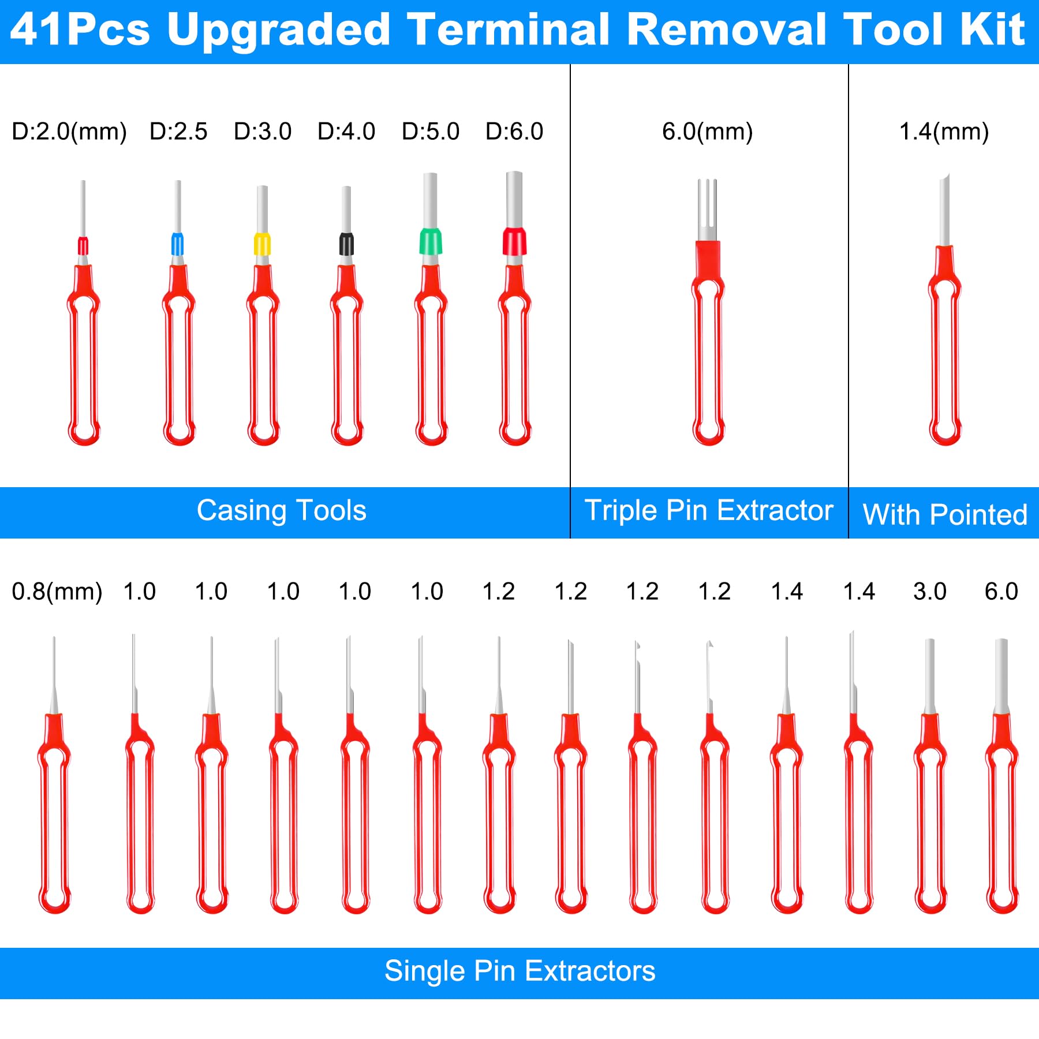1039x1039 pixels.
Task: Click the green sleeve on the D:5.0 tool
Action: pyautogui.click(x=431, y=242)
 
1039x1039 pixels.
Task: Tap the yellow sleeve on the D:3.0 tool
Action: pyautogui.click(x=262, y=244)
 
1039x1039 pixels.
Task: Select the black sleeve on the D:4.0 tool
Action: pyautogui.click(x=346, y=244)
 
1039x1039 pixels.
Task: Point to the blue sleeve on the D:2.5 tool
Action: pyautogui.click(x=178, y=244)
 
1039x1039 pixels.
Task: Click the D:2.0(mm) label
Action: pyautogui.click(x=69, y=132)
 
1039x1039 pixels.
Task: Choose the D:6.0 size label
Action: pyautogui.click(x=514, y=132)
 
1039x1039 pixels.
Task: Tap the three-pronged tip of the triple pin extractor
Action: pyautogui.click(x=707, y=208)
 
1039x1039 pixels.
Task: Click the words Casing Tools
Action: pyautogui.click(x=282, y=511)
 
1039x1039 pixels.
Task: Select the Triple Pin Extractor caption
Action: pyautogui.click(x=709, y=511)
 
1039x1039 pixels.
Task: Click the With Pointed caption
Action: pyautogui.click(x=945, y=514)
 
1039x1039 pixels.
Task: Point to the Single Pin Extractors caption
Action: pyautogui.click(x=519, y=971)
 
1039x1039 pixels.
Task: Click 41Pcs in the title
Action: pyautogui.click(x=80, y=30)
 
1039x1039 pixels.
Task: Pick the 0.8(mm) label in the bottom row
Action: pyautogui.click(x=57, y=592)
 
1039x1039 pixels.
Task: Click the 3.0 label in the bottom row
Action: pyautogui.click(x=929, y=592)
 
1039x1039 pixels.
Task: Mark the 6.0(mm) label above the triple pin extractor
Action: pyautogui.click(x=707, y=132)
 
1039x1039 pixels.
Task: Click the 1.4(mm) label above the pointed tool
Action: pyautogui.click(x=944, y=132)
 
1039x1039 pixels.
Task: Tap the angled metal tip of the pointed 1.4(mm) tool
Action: pyautogui.click(x=944, y=208)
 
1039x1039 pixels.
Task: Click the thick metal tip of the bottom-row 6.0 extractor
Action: pyautogui.click(x=1001, y=675)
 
